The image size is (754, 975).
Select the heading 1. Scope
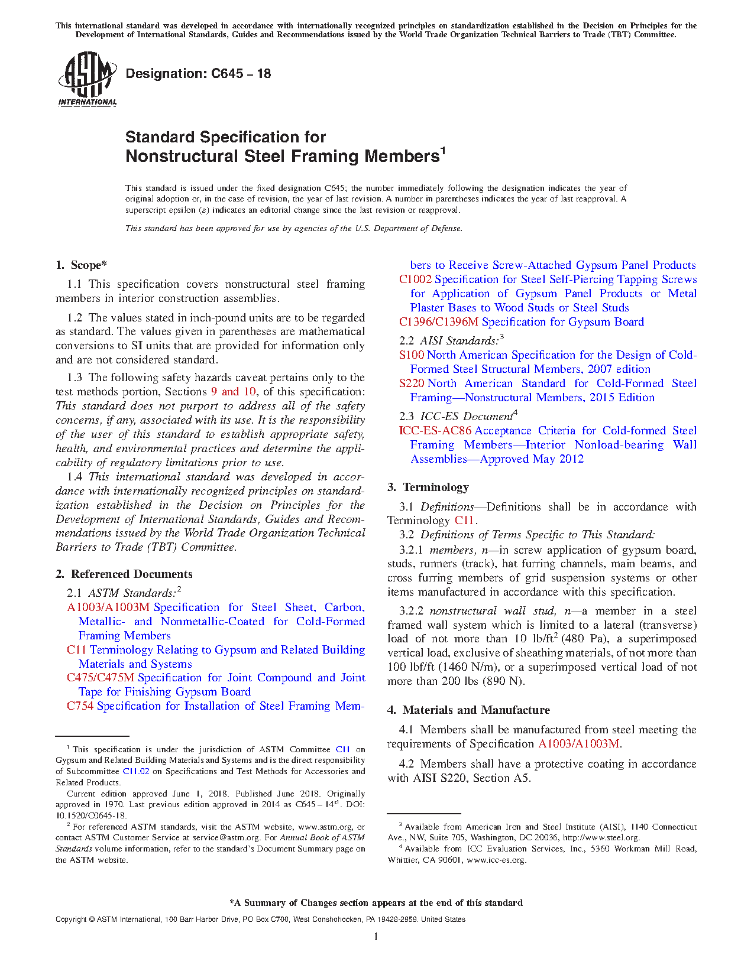click(x=82, y=265)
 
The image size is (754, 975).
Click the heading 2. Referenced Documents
click(x=124, y=574)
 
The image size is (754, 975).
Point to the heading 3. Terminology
click(x=428, y=487)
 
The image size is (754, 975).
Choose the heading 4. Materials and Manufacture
click(x=469, y=710)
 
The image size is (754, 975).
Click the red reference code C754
click(x=80, y=706)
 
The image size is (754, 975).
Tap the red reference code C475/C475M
click(x=101, y=678)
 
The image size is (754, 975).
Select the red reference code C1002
click(x=415, y=279)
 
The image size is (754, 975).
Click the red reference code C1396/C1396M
click(x=438, y=322)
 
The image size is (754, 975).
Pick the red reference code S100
click(x=412, y=355)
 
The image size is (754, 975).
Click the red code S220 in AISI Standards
click(x=412, y=383)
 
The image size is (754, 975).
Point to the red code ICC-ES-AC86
click(x=435, y=431)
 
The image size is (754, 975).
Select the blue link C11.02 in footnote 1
click(x=136, y=772)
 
